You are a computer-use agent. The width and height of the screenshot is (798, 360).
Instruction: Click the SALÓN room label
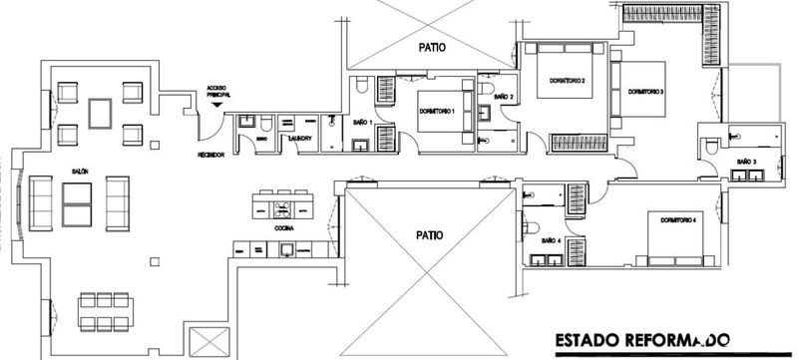tap(81, 172)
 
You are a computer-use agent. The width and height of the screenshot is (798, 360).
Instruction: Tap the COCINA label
tap(283, 228)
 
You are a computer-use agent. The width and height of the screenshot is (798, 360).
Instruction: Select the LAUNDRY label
tap(301, 139)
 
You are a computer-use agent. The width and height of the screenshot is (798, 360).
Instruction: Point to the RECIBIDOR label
tap(210, 156)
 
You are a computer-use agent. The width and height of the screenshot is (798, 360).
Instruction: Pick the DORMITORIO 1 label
tap(437, 110)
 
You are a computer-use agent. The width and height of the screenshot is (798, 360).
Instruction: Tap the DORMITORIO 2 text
tap(567, 80)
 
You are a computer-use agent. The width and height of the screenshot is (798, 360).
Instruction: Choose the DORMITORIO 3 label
tap(646, 92)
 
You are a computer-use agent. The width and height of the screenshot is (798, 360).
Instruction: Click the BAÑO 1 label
tap(363, 122)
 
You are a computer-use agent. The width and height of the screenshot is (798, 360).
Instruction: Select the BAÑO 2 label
tap(504, 97)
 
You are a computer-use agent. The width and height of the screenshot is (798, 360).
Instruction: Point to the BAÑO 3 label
tap(747, 161)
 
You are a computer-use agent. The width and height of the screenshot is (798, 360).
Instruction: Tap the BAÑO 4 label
tap(550, 240)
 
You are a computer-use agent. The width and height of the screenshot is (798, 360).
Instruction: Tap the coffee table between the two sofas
tap(78, 202)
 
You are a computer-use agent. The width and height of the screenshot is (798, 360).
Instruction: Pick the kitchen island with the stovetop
tap(285, 207)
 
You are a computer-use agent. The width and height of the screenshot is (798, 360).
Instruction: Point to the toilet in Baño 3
tap(710, 147)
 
